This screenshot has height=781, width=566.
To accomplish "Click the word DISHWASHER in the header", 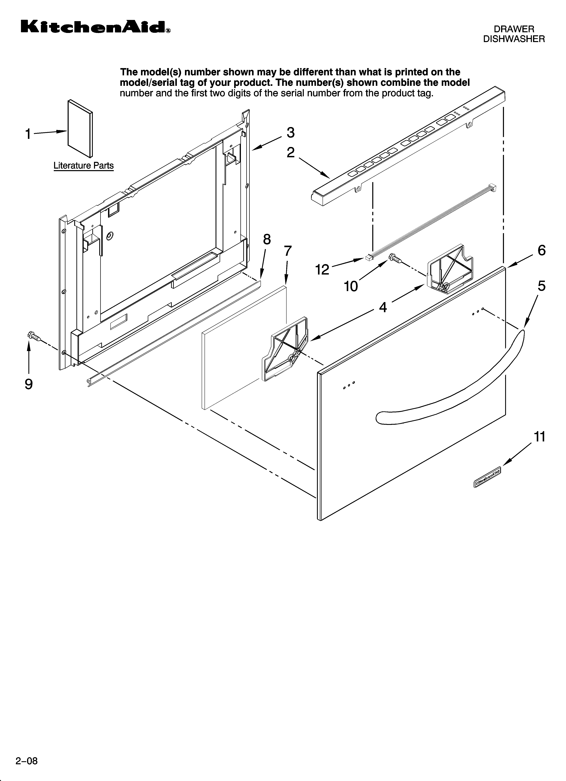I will click(x=514, y=39).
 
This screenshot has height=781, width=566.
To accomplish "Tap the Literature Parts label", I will click(x=83, y=166).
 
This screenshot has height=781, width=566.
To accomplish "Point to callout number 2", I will click(x=291, y=153).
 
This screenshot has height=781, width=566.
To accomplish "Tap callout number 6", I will click(x=541, y=250).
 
